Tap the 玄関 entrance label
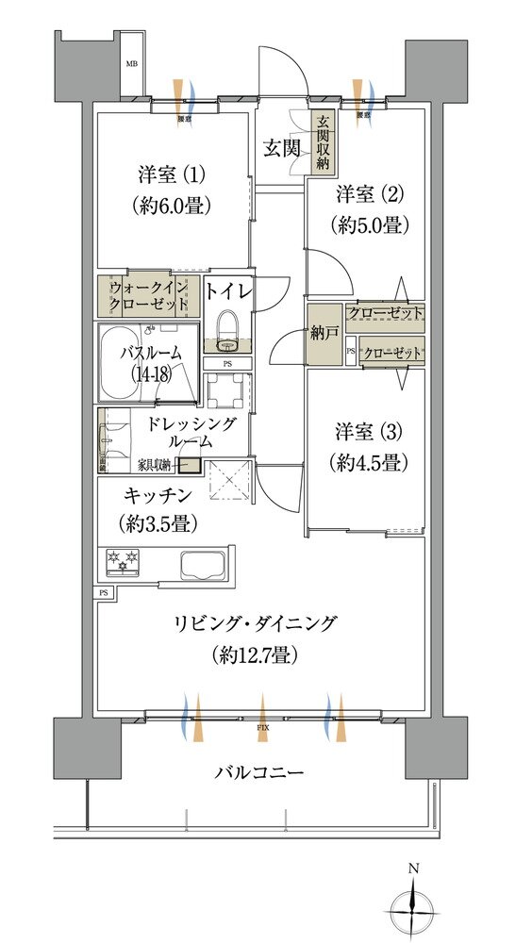pyautogui.click(x=281, y=147)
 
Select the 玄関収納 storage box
pyautogui.click(x=324, y=142)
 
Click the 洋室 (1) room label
pyautogui.click(x=171, y=174)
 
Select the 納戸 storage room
pyautogui.click(x=321, y=333)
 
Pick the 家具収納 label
pyautogui.click(x=156, y=464)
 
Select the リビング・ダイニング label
pyautogui.click(x=254, y=623)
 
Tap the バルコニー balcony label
pyautogui.click(x=258, y=772)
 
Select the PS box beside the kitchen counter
pyautogui.click(x=102, y=592)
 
